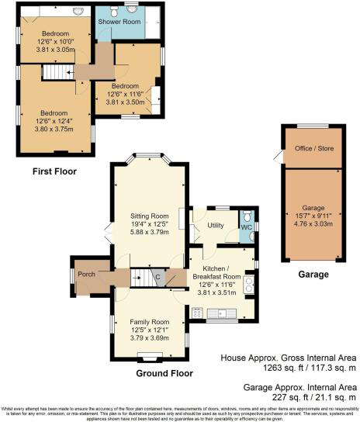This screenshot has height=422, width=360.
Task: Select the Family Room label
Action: [149, 321]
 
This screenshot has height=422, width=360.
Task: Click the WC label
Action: [245, 227]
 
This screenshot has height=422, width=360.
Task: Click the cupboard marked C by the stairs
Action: [157, 277]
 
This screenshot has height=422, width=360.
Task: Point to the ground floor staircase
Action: [139, 277]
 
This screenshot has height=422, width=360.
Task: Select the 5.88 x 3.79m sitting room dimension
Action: [148, 231]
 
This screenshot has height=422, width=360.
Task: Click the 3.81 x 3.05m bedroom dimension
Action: [55, 49]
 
